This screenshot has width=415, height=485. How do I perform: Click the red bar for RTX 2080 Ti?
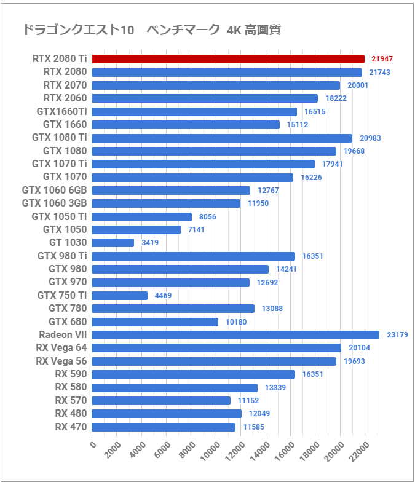coord(227,59)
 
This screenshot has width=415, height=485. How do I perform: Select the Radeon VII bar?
coord(235,335)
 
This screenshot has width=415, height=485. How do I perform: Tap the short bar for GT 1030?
coord(113,243)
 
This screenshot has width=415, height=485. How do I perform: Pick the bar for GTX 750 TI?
coord(120,296)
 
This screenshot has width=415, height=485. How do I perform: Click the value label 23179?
coord(398,335)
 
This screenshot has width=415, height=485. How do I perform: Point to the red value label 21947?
coord(382,59)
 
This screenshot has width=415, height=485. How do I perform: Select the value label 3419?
coord(150,243)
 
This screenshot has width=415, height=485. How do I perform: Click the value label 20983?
coord(371,138)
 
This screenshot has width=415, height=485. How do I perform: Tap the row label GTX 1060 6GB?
coord(54,190)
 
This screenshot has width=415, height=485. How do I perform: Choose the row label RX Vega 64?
coord(61,348)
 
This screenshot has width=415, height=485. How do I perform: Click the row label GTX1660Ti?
coord(61,111)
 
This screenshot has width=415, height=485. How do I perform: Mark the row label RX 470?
coord(71,427)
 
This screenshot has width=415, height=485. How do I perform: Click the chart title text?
coord(151,30)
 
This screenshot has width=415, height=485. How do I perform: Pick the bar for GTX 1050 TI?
coord(142,217)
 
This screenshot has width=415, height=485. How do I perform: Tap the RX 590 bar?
coord(194,374)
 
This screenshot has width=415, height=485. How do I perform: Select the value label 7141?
coord(196,230)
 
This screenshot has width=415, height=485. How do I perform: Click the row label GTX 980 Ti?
coord(62,256)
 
